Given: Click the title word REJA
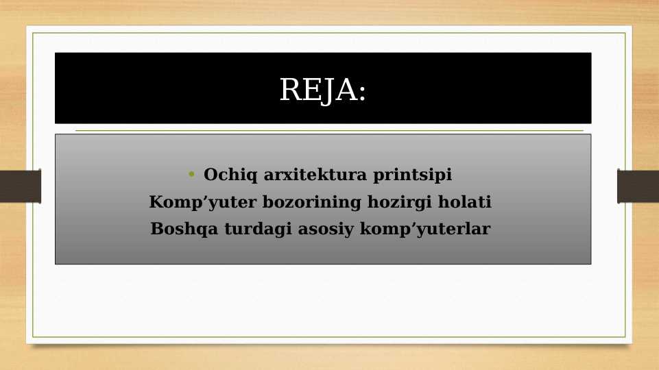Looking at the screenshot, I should [x=318, y=90].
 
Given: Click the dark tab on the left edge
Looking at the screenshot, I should [x=20, y=186].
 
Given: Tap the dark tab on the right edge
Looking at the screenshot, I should [x=638, y=186].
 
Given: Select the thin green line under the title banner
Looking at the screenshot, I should [x=329, y=130].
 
